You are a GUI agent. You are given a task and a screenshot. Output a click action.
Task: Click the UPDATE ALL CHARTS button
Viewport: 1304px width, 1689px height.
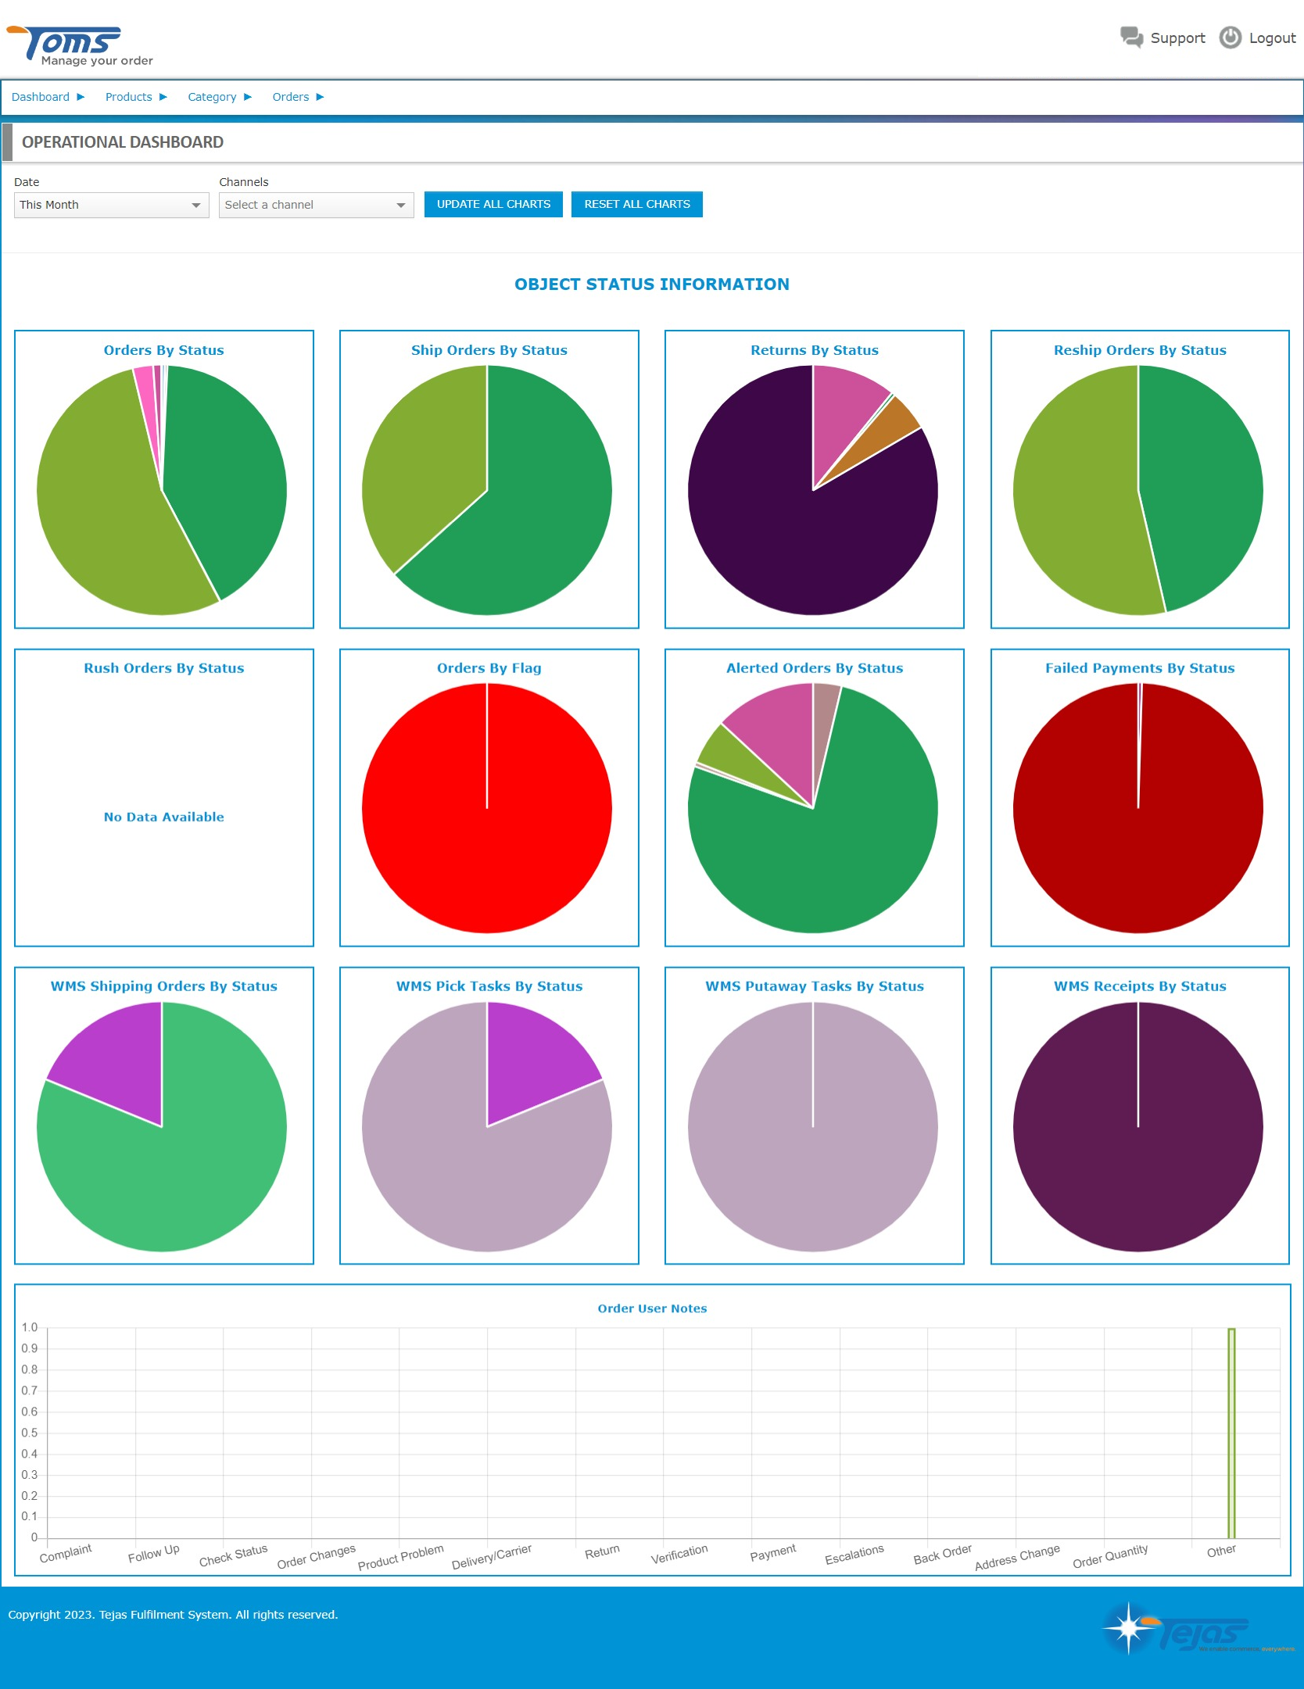[493, 204]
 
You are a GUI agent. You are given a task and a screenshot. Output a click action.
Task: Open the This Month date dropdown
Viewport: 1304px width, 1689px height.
[111, 205]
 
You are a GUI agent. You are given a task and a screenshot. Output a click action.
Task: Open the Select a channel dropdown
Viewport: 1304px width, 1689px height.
[316, 205]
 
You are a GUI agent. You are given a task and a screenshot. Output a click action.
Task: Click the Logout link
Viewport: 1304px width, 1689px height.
[1258, 38]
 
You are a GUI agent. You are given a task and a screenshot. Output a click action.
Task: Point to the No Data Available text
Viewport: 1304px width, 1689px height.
[163, 817]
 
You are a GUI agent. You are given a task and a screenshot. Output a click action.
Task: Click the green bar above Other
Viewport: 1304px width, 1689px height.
[1231, 1434]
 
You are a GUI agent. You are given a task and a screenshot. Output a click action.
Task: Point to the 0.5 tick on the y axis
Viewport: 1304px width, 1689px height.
[30, 1433]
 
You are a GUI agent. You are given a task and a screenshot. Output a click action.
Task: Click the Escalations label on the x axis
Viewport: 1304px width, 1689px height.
[854, 1555]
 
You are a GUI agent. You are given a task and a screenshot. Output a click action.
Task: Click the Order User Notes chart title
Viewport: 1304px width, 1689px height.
[652, 1308]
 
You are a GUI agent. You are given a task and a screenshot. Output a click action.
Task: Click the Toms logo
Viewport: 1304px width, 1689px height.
[78, 45]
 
